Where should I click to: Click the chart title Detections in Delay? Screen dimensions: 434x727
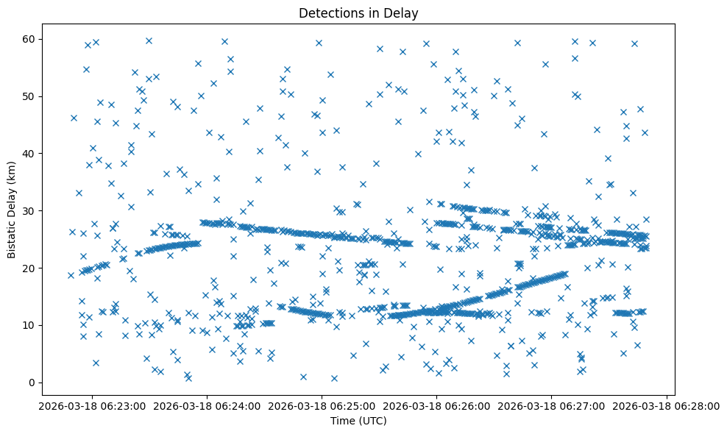[358, 13]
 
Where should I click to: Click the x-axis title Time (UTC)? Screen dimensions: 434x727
[358, 421]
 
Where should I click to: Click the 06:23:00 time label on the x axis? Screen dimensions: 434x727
[89, 405]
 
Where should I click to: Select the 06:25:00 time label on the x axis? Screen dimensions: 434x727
[320, 405]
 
